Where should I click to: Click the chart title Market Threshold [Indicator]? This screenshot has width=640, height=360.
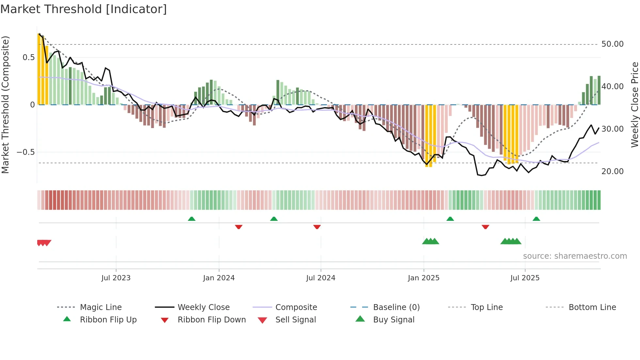(x=84, y=9)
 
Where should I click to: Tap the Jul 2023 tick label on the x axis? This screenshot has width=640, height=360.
(x=116, y=278)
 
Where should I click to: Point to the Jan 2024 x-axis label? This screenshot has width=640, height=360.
(x=219, y=278)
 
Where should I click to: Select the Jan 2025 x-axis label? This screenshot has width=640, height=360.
(x=424, y=278)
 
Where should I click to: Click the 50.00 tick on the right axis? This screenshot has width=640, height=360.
(x=612, y=44)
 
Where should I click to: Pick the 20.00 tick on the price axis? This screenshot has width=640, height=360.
(x=612, y=172)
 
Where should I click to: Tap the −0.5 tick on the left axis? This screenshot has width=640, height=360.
(x=25, y=152)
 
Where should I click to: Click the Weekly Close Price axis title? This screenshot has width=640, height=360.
(x=634, y=105)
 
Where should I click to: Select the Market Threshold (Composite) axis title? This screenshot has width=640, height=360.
(x=5, y=105)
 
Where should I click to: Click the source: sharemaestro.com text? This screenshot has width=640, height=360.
(x=575, y=256)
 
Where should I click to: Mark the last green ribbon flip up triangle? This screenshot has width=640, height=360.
(x=536, y=219)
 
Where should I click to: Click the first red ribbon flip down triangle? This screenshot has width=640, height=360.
(x=239, y=227)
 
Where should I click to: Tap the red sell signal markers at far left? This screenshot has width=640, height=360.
(x=44, y=243)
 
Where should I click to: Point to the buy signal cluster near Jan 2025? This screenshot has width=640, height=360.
(x=430, y=241)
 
